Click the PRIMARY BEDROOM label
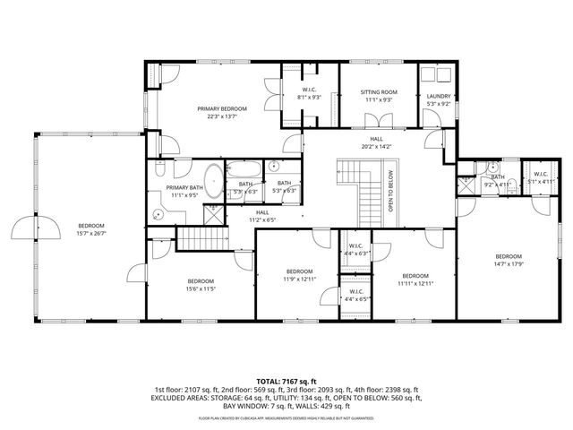point(222,107)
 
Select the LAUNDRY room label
point(438,97)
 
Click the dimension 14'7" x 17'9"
point(509,264)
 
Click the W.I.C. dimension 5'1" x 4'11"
point(541,181)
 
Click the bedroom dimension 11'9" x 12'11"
point(299,279)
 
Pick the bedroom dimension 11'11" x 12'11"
point(415,283)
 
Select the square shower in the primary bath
point(215,214)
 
